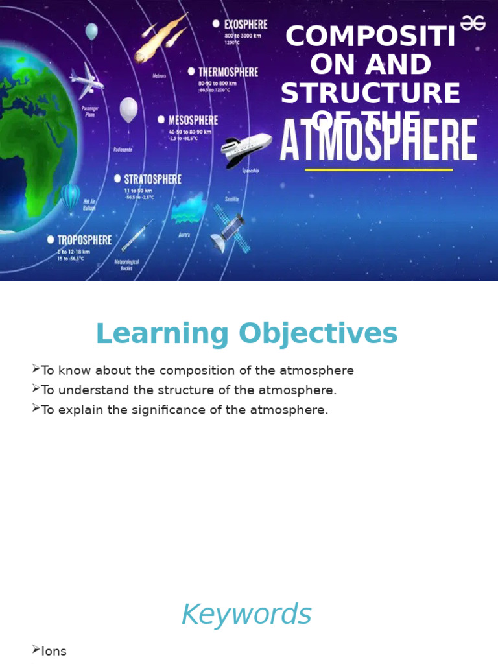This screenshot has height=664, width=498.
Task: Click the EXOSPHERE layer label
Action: pyautogui.click(x=245, y=24)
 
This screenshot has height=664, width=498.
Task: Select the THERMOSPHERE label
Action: pyautogui.click(x=228, y=72)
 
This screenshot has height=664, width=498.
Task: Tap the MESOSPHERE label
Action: pyautogui.click(x=193, y=120)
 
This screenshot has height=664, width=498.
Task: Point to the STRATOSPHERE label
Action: pyautogui.click(x=152, y=178)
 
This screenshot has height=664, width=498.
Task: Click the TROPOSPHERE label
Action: pyautogui.click(x=84, y=240)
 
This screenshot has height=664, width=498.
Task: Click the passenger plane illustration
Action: pyautogui.click(x=86, y=80)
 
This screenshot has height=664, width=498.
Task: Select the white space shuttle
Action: pyautogui.click(x=246, y=148)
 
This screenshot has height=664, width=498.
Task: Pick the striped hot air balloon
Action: pyautogui.click(x=71, y=196)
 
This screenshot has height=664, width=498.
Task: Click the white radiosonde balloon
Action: pyautogui.click(x=128, y=110)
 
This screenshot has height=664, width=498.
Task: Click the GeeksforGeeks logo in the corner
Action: pyautogui.click(x=473, y=23)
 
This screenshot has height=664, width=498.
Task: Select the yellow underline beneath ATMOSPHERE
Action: pyautogui.click(x=379, y=170)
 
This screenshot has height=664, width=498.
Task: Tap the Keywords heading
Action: pyautogui.click(x=246, y=615)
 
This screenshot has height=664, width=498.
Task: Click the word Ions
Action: pyautogui.click(x=54, y=652)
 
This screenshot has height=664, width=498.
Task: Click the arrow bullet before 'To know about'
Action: pyautogui.click(x=36, y=370)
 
